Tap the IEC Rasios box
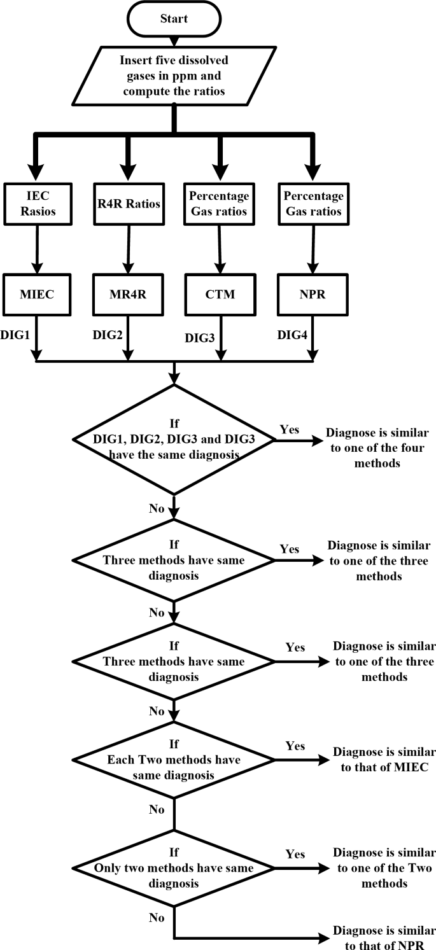tap(36, 204)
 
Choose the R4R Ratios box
tap(129, 204)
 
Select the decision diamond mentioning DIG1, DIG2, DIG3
tap(174, 438)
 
